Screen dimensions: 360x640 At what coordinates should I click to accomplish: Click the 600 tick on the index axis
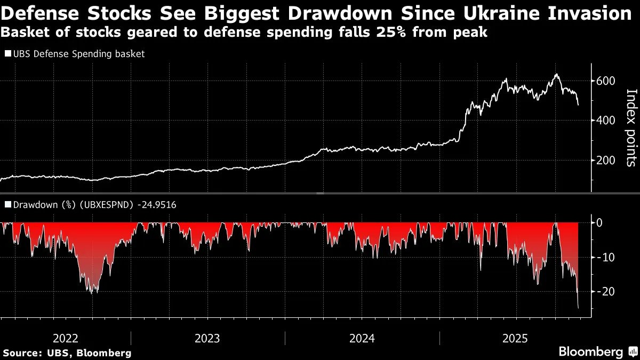606,81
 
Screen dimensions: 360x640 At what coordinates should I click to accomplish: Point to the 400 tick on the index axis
606,121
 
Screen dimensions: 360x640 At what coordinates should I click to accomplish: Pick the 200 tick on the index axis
606,161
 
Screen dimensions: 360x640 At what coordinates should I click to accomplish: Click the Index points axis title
630,127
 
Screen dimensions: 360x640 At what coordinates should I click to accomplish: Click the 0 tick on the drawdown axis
599,222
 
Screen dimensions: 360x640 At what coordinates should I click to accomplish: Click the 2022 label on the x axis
66,338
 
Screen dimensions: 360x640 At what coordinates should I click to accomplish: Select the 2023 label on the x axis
207,338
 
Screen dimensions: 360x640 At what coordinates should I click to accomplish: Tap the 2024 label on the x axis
362,338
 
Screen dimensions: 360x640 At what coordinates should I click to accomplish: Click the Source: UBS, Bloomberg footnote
67,353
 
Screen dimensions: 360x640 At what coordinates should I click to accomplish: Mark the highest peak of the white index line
556,74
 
